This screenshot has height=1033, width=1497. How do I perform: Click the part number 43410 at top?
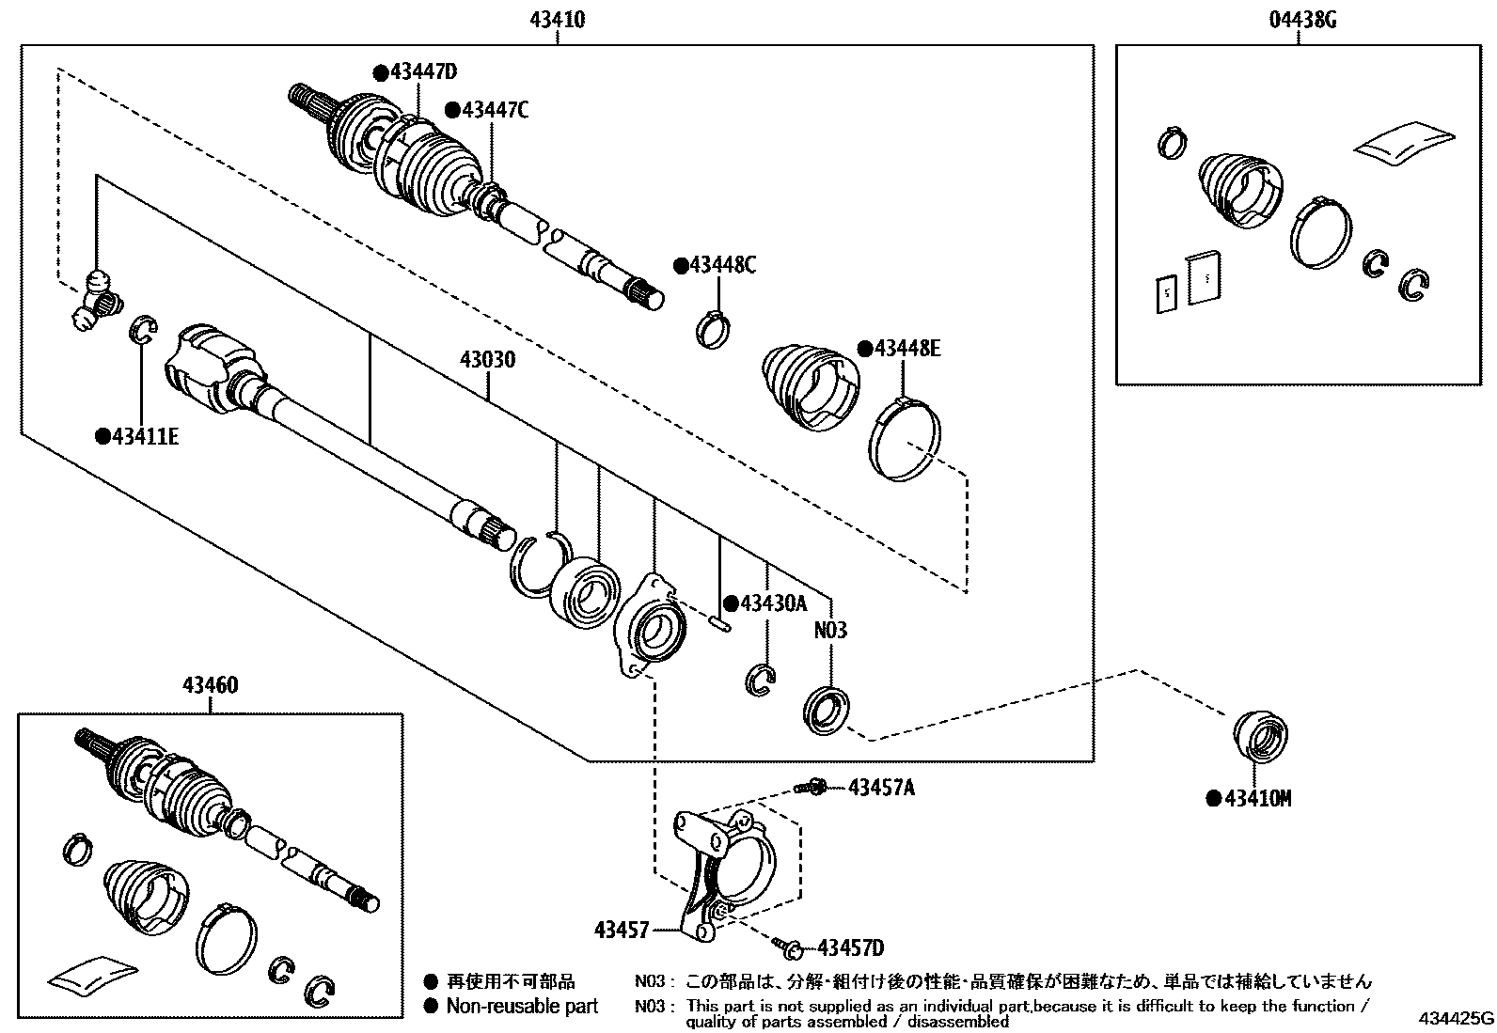tap(558, 18)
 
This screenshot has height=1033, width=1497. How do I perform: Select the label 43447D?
tap(421, 72)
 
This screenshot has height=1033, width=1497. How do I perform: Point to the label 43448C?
tap(721, 265)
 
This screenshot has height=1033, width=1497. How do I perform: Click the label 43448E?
tap(906, 348)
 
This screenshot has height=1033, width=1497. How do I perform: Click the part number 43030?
tap(487, 360)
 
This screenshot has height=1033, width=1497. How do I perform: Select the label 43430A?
tap(772, 603)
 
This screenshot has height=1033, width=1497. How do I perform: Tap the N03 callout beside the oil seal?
tap(829, 629)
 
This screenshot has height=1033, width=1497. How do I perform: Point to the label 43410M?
tap(1256, 799)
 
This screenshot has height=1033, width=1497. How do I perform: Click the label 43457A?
tap(881, 787)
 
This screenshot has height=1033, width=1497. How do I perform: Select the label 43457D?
tap(850, 947)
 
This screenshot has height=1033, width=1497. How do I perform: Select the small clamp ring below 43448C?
tap(714, 328)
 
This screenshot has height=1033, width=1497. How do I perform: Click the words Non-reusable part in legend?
tap(522, 1007)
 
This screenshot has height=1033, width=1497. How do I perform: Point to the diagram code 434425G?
tap(1457, 1018)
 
